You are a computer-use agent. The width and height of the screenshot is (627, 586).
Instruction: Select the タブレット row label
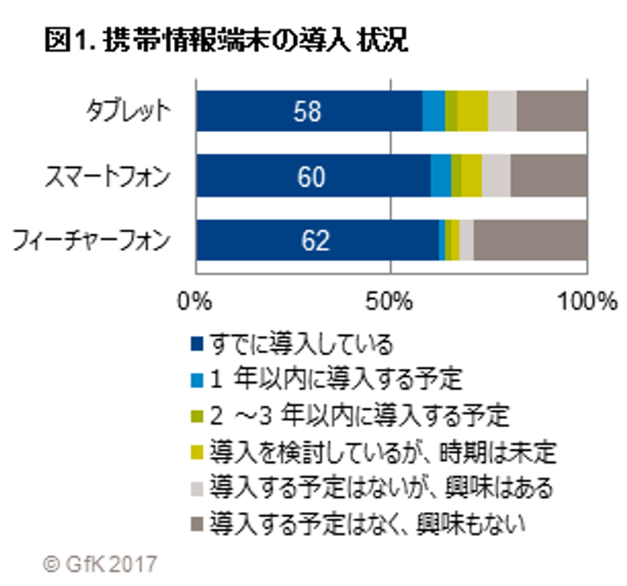[126, 111]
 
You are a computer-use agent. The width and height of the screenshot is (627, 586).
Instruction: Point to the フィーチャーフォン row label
[91, 241]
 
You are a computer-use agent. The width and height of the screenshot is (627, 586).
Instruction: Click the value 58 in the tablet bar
[307, 111]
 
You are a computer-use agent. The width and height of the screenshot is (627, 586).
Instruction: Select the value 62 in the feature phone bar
[316, 241]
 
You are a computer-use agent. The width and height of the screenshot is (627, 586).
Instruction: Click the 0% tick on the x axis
[196, 302]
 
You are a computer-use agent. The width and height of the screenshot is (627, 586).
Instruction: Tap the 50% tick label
[391, 302]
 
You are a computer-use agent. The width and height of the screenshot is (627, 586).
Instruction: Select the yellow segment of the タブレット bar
[472, 111]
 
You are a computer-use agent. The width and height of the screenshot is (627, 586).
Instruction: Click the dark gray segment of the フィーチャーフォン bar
[531, 241]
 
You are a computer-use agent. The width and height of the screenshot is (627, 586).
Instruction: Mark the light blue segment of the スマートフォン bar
[441, 176]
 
